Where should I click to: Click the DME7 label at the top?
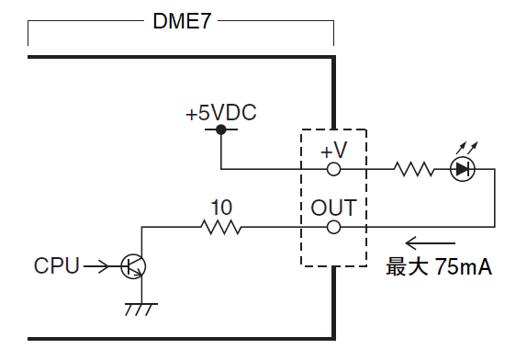[182, 21]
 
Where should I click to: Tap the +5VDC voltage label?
[220, 114]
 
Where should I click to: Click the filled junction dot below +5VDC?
[220, 130]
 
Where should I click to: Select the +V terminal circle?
[334, 169]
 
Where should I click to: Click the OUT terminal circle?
[334, 226]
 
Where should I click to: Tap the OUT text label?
[333, 207]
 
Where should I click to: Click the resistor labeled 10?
[220, 226]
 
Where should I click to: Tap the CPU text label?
[56, 266]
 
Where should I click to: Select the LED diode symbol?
[462, 169]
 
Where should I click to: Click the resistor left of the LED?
[413, 169]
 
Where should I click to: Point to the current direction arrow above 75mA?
[431, 244]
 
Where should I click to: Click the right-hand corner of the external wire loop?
[494, 226]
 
